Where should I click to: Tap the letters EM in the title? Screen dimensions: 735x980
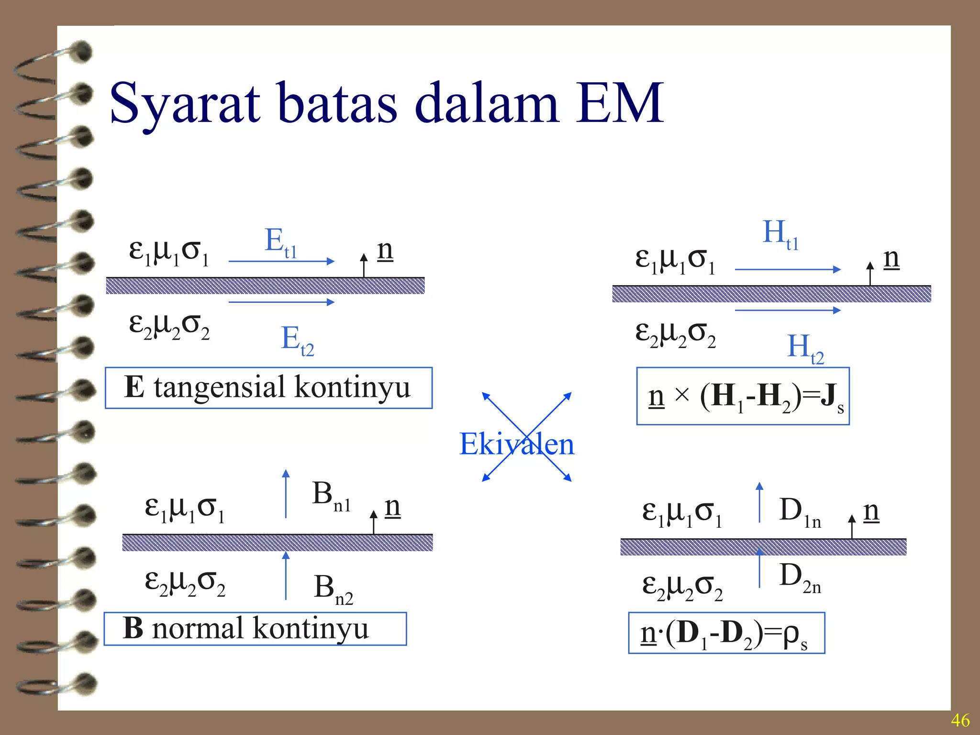tap(619, 103)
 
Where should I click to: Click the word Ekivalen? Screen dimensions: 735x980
tap(516, 444)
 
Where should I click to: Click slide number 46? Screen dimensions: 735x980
tap(960, 720)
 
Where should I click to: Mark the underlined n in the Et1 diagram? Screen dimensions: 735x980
tap(385, 250)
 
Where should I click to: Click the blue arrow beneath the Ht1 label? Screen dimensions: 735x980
tap(788, 269)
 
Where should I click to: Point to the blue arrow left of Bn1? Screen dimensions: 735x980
tap(286, 493)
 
